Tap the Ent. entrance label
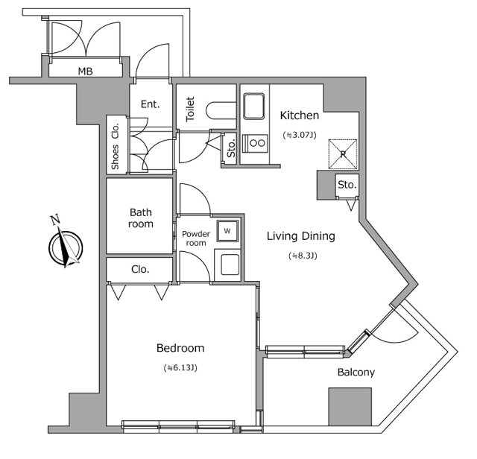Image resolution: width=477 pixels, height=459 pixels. (151, 104)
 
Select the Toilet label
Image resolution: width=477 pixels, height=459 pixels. (190, 109)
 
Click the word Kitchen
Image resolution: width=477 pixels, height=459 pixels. (299, 115)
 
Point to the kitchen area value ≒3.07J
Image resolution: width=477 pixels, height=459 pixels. (299, 136)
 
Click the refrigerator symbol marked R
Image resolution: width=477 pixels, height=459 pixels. (343, 153)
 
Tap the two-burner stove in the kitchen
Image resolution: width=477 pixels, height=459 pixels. (257, 142)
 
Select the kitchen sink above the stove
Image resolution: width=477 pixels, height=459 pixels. (254, 106)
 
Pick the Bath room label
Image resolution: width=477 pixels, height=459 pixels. (141, 218)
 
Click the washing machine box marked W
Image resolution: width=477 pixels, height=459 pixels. (227, 231)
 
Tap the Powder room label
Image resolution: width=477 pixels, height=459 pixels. (195, 238)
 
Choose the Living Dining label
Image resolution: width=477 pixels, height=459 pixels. (301, 236)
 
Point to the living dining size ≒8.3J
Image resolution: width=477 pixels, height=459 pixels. (301, 256)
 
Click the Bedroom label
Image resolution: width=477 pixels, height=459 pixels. (180, 348)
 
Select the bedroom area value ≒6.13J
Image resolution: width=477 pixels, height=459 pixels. (180, 368)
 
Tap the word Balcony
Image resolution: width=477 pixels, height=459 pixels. (356, 373)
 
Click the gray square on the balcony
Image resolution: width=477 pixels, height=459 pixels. (350, 407)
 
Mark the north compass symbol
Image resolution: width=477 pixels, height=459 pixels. (64, 246)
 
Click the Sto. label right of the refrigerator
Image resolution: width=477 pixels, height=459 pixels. (346, 184)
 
